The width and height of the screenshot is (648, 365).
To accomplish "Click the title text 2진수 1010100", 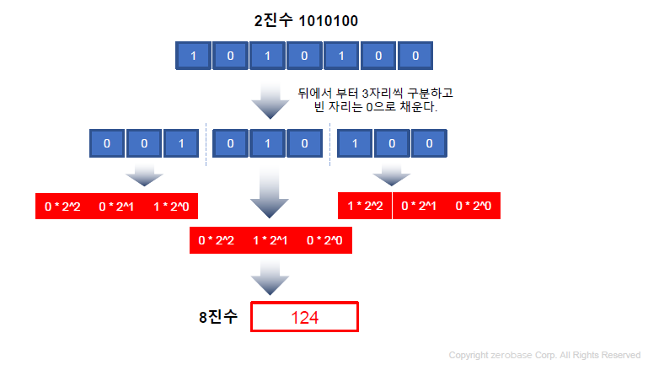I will coord(306,21).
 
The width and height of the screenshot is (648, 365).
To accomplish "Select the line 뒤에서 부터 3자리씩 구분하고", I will coord(376,93).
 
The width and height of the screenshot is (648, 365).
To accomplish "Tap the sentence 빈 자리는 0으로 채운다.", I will coord(376,108).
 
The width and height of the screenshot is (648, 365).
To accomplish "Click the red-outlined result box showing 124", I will coord(304,318).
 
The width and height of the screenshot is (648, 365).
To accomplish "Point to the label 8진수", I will coord(217,318).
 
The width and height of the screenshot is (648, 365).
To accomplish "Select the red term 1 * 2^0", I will coord(171,207).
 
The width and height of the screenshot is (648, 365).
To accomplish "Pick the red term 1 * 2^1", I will coord(270,241).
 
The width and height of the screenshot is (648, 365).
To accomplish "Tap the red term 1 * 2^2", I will coord(365,207).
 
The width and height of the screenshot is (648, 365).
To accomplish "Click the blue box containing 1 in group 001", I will coord(181,143).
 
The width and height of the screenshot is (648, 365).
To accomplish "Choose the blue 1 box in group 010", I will coord(267,143).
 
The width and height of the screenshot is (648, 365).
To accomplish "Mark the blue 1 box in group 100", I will coord(355,143).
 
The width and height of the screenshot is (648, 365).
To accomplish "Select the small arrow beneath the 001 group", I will coord(144,174).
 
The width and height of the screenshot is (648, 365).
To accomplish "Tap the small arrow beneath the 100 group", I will coord(392,174).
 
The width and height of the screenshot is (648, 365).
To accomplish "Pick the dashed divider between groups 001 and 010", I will coord(206,144).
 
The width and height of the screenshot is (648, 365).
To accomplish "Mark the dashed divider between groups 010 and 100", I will coord(329,144).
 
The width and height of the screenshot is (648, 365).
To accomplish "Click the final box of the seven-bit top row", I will coord(415,56).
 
